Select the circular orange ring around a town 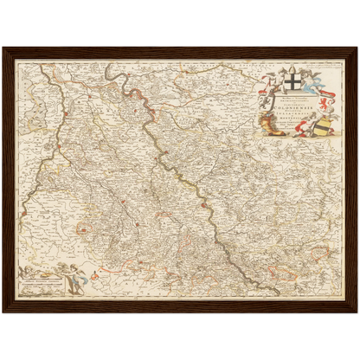click(83, 229)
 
